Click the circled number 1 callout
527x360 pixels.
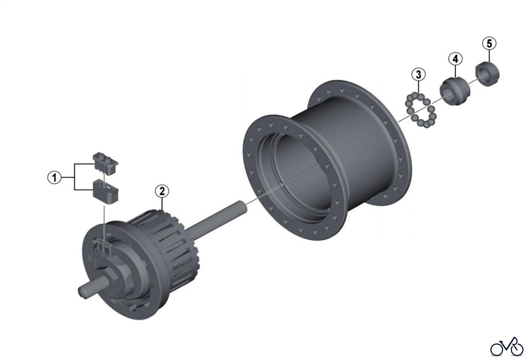click(x=54, y=178)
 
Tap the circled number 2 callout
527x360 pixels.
click(x=162, y=191)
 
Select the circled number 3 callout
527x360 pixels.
click(x=418, y=74)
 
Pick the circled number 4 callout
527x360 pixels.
click(x=455, y=59)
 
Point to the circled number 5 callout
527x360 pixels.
click(x=489, y=44)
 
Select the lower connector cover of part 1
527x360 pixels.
click(x=106, y=192)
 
